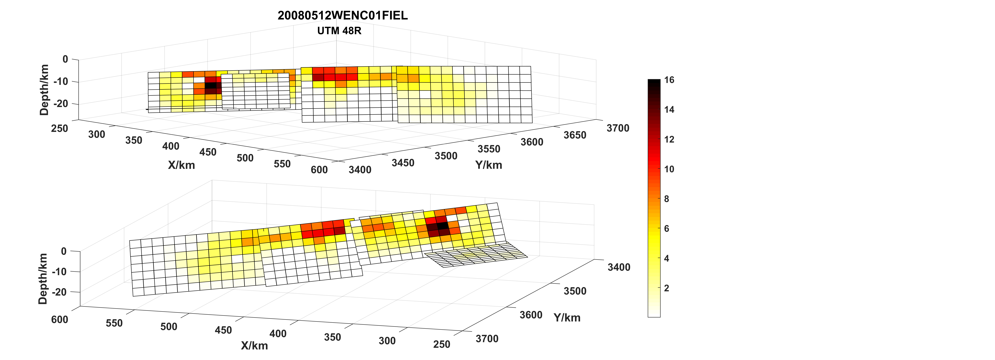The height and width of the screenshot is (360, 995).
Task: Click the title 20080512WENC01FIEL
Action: coord(343,15)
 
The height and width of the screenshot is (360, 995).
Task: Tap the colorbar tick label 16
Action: coord(669,80)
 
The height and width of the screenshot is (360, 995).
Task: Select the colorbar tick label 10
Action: coord(669,169)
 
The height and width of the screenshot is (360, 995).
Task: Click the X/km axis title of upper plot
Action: coord(182,165)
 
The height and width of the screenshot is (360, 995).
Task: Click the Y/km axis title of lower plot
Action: coord(567,318)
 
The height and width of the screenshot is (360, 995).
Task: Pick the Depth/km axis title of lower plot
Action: coord(43,279)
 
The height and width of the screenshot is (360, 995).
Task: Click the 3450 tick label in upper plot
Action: coord(403,163)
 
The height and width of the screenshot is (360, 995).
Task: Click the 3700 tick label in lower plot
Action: coord(487,339)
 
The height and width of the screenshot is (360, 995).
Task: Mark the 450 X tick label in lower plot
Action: coord(223,330)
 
